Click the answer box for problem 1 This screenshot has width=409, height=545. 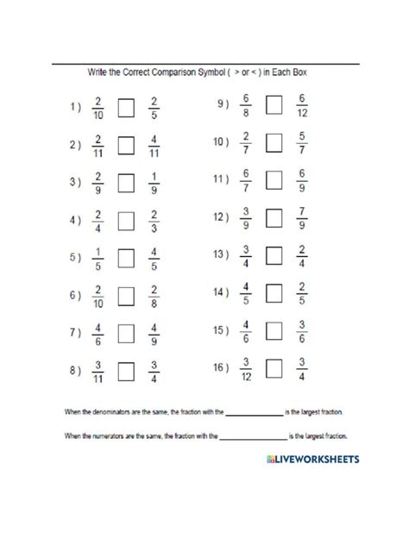point(126,109)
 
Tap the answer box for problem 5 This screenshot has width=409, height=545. point(126,258)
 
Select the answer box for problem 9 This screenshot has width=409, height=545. point(274,107)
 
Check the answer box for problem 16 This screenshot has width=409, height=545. point(274,368)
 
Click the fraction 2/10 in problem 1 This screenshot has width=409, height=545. point(98,109)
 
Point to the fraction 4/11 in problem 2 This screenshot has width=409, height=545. point(154,146)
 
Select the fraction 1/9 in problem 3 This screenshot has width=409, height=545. point(154,183)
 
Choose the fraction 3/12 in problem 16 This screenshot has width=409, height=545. point(247,368)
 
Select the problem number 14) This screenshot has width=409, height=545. point(221,293)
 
